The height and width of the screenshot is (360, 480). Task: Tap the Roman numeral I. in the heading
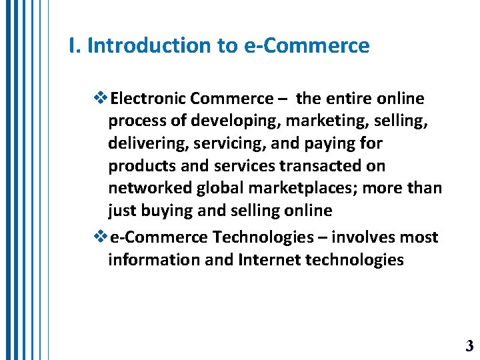75,46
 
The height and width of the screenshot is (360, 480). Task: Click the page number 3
469,345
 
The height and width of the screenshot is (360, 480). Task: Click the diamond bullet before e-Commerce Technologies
101,237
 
